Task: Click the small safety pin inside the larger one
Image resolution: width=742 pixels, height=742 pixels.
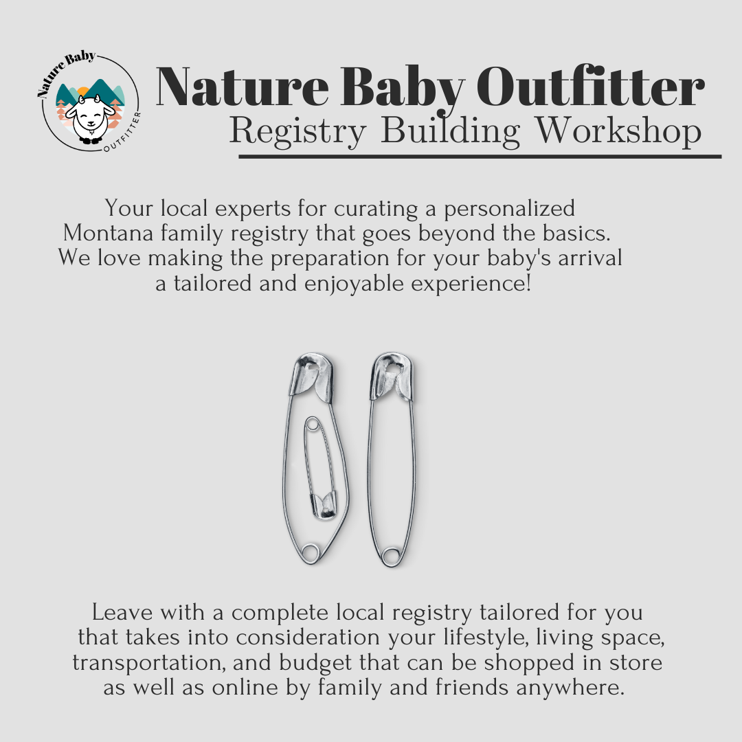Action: pyautogui.click(x=317, y=466)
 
